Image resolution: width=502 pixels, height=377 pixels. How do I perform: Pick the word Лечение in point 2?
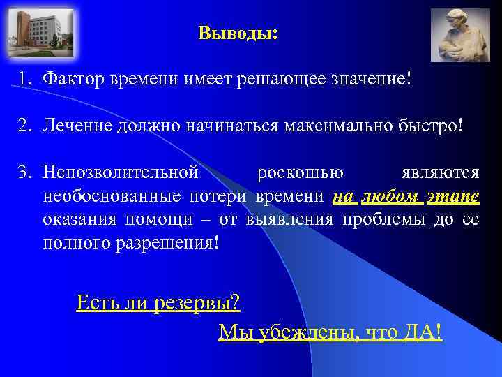click(77, 126)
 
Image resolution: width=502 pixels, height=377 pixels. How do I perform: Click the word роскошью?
click(300, 172)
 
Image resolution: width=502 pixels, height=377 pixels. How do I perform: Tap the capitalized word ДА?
click(421, 332)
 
